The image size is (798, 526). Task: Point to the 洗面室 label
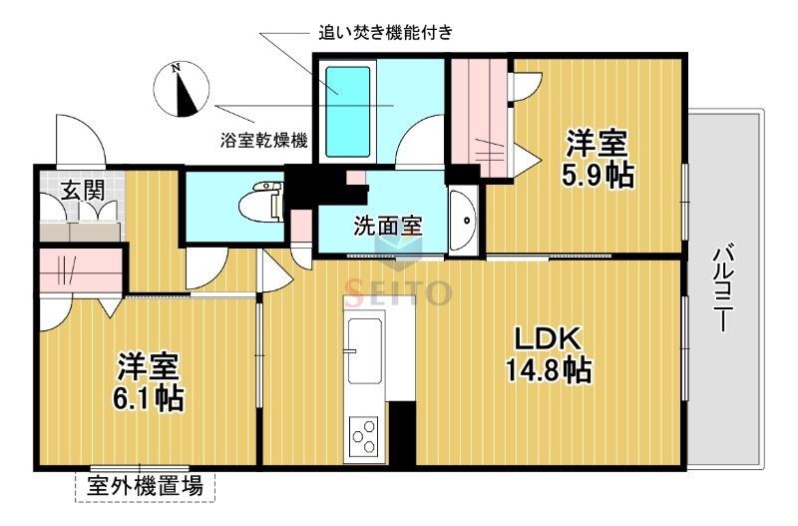pos(387,225)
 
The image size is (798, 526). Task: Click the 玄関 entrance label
pos(81,189)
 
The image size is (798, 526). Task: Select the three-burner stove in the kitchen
pos(364,437)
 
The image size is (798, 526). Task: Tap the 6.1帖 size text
pos(149,398)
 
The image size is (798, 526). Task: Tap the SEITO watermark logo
pos(399,292)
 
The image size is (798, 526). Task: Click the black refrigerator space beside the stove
pos(401,432)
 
